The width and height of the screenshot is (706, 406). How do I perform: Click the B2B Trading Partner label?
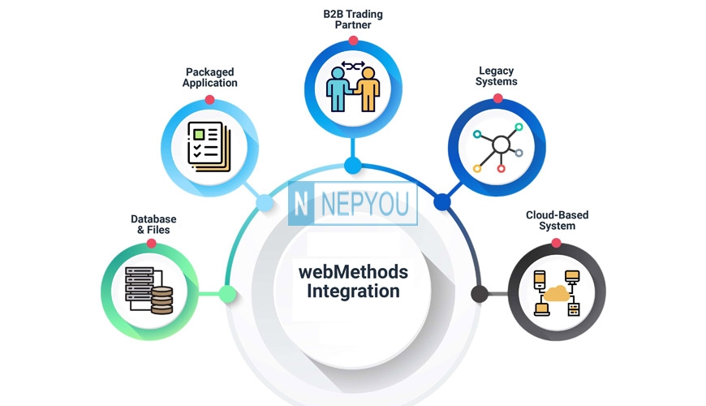click(x=353, y=19)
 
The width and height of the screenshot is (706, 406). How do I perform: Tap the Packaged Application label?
click(x=210, y=77)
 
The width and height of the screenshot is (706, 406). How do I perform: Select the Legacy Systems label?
click(x=496, y=76)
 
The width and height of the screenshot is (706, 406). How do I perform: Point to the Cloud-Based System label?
click(x=557, y=220)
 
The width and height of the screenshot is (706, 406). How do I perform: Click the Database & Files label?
click(x=153, y=224)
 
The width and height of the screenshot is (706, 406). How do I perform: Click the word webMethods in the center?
click(x=353, y=272)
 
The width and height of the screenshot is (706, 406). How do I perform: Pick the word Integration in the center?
click(x=353, y=291)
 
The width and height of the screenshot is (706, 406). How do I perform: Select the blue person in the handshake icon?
click(x=338, y=89)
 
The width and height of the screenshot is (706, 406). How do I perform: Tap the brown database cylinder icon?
click(x=162, y=300)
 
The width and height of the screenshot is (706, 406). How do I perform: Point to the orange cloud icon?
click(x=557, y=293)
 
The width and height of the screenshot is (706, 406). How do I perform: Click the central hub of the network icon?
click(x=501, y=145)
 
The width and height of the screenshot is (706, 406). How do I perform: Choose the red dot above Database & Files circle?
click(x=151, y=244)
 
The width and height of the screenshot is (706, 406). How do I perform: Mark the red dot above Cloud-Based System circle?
click(x=557, y=244)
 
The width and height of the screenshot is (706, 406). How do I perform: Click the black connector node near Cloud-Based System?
click(x=480, y=294)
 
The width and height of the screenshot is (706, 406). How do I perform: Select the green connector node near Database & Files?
click(x=228, y=294)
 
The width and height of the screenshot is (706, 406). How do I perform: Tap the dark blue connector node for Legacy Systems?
click(x=442, y=202)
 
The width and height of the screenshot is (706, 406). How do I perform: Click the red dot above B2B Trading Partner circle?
click(x=354, y=41)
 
